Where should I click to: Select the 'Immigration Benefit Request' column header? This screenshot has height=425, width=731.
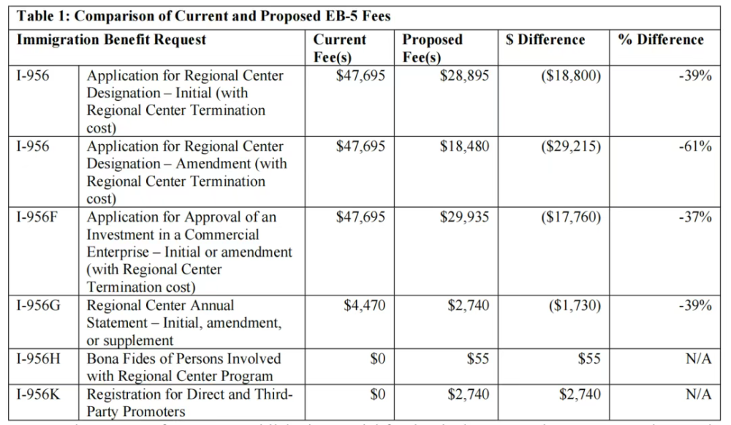[112, 40]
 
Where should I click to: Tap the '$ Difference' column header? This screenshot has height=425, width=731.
[545, 40]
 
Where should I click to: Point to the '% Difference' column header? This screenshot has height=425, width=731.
[661, 40]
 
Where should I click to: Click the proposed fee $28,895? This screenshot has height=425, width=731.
[464, 75]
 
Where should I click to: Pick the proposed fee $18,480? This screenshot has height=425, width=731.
[464, 146]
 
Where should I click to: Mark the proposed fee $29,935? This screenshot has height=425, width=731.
[464, 217]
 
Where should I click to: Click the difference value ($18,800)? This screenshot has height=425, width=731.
[571, 75]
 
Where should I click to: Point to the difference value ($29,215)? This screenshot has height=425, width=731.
[571, 146]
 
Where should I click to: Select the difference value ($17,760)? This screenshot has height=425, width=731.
[571, 217]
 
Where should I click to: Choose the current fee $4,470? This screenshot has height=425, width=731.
[365, 305]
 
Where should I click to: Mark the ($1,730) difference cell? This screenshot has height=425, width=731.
[575, 305]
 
